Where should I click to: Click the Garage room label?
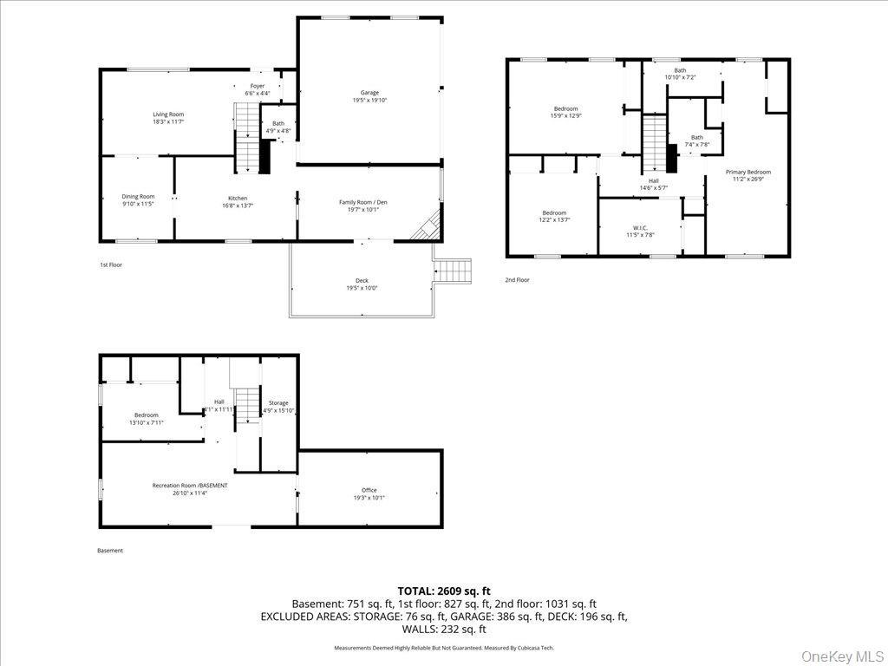point(369,93)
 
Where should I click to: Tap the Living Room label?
point(168,114)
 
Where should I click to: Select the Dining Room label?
point(138,197)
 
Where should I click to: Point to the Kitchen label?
point(238,199)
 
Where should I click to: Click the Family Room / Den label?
point(362,202)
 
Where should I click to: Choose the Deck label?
point(362,281)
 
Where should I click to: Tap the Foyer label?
point(258,86)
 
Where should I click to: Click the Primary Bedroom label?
point(748,172)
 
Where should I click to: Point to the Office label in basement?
point(369,490)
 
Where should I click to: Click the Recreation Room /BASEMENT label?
point(190,486)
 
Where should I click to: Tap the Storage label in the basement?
point(278,402)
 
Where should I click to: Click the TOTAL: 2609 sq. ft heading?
point(444,591)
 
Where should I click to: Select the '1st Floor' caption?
point(111,264)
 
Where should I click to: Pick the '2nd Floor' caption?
point(517,280)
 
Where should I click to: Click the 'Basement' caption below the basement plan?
point(110,551)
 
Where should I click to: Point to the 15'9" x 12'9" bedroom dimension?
point(565,115)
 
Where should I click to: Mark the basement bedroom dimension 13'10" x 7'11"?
point(146,422)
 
